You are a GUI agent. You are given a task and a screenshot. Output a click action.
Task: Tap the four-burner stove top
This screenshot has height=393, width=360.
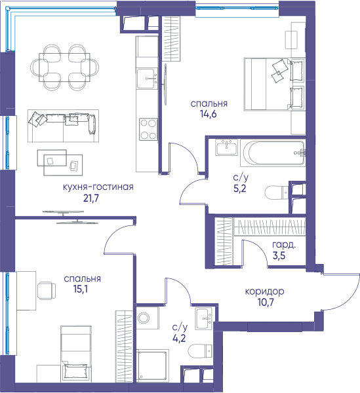pos(148,129)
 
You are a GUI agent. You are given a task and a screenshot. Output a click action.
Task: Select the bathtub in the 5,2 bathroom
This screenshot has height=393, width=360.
pos(273,153)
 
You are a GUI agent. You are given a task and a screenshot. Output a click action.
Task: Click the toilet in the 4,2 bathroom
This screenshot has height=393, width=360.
pos(200,350)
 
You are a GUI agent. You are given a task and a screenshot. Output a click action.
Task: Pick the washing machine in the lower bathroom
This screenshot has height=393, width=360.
pos(148,318)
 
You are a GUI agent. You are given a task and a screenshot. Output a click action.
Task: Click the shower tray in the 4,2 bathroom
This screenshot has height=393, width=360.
pos(151,366)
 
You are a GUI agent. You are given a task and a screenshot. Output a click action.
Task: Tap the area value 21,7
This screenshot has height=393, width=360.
pos(91,198)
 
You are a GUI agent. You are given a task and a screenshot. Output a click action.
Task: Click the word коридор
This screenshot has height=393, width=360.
pos(264,291)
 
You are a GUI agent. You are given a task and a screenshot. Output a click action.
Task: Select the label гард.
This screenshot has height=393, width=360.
pos(284,245)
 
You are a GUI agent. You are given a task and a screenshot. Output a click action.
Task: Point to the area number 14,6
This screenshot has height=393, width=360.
pos(209,114)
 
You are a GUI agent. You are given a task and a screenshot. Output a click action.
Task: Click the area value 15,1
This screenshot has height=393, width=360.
pos(81,289)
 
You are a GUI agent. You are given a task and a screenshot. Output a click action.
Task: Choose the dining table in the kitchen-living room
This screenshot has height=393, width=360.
pos(64,67)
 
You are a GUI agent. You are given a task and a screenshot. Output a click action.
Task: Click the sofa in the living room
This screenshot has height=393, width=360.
pos(63,126)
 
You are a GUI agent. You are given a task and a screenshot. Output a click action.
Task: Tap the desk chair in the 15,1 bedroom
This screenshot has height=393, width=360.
pos(47,290)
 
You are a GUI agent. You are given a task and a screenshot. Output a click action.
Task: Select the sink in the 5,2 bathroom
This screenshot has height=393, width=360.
pos(226,147)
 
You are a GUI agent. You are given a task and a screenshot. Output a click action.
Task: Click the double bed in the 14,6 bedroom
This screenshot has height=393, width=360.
pos(275,84)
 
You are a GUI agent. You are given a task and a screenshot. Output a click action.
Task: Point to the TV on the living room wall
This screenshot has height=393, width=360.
pos(70,217)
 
